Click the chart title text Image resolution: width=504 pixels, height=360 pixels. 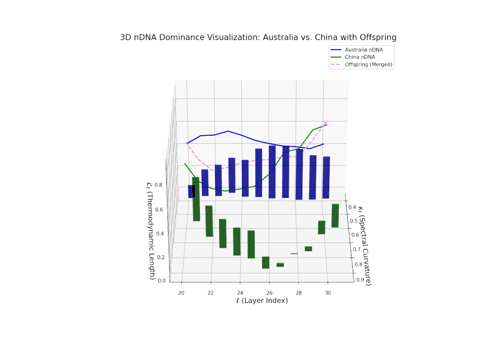click(258, 37)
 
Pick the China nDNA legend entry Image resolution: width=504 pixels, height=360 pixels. click(360, 57)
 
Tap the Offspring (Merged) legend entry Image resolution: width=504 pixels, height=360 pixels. click(368, 65)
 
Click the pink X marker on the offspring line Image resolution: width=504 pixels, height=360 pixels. click(325, 123)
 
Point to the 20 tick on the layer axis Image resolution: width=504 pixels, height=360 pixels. click(181, 293)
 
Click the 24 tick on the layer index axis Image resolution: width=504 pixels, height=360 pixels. click(240, 293)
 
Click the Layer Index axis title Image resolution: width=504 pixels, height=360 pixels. click(262, 301)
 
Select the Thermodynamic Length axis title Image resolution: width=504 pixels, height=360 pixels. click(150, 231)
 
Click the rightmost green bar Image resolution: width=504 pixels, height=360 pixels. click(335, 215)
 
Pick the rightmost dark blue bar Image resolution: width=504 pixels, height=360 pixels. click(326, 177)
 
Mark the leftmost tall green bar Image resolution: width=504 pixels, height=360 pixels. click(196, 199)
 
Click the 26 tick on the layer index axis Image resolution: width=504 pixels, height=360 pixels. click(269, 293)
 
